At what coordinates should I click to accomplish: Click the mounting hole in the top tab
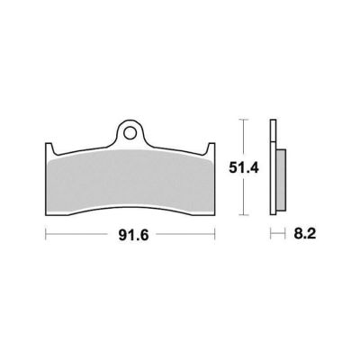tap(130, 132)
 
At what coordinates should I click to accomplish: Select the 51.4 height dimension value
tap(244, 168)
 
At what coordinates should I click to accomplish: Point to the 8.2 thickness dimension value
tap(305, 234)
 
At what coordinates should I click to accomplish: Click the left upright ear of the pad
tap(49, 148)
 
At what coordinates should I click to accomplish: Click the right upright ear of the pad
tap(211, 148)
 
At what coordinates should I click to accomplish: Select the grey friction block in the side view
tap(282, 180)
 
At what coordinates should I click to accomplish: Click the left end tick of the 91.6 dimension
tap(46, 234)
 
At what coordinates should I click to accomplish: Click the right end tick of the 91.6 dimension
tap(215, 234)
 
